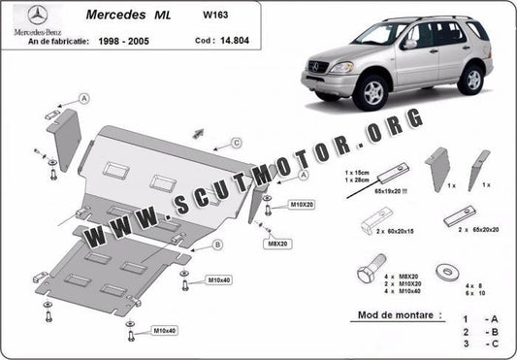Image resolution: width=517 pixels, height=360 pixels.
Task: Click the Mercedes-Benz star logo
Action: pos(31,16)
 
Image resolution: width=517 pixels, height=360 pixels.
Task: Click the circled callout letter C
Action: pos(236,143)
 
